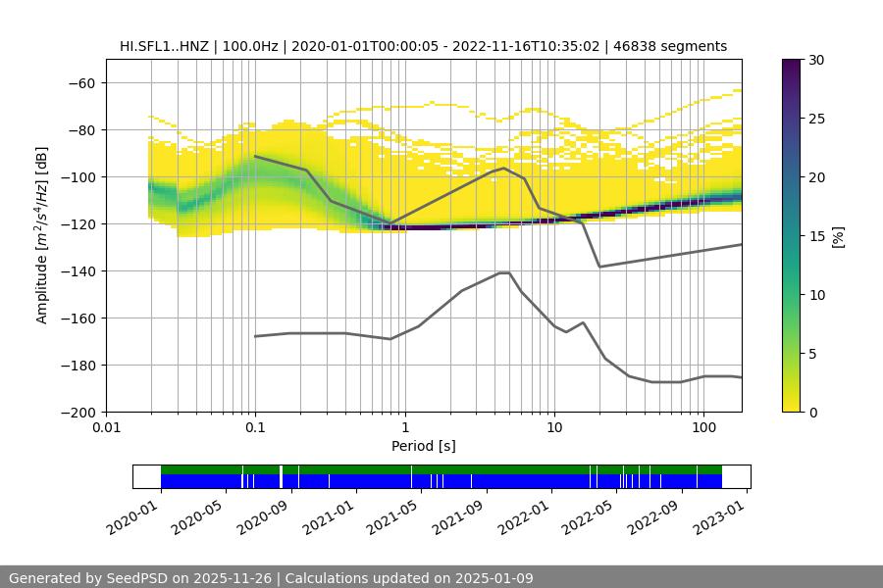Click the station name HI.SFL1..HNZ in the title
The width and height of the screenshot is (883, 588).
[x=162, y=46]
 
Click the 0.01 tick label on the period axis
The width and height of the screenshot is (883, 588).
[x=106, y=428]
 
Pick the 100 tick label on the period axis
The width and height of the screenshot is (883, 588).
[x=702, y=428]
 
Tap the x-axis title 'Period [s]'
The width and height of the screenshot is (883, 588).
[x=423, y=446]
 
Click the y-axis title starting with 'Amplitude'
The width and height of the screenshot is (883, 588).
[x=42, y=235]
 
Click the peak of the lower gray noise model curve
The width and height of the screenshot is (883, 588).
[x=504, y=272]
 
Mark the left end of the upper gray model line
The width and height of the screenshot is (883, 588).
[x=255, y=156]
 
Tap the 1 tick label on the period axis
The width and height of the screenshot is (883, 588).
[x=404, y=428]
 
